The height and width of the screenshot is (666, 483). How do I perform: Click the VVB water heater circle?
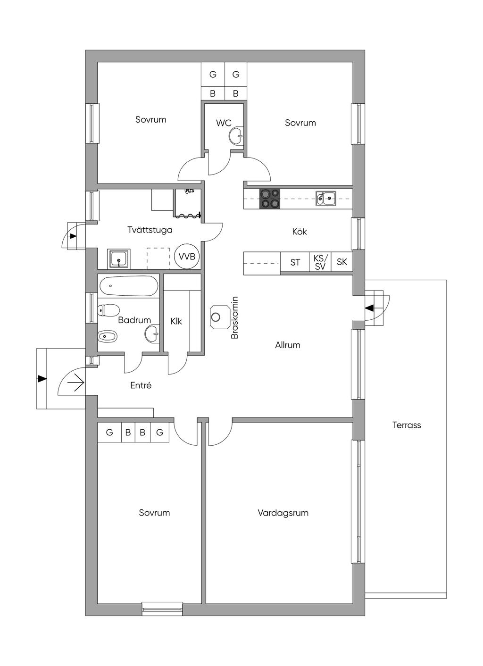[x=187, y=256]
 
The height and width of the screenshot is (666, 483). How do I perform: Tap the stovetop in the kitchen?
[x=270, y=199]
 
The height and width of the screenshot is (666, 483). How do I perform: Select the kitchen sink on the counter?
[x=326, y=198]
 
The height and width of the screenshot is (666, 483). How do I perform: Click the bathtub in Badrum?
[x=128, y=286]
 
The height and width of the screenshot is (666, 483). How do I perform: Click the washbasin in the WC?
[x=237, y=136]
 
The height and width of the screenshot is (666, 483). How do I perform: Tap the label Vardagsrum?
[x=283, y=513]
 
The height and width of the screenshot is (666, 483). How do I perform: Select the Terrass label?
[x=406, y=425]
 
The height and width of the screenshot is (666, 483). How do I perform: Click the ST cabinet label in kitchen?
[x=295, y=262]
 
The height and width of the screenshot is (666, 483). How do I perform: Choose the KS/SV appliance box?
[x=320, y=262]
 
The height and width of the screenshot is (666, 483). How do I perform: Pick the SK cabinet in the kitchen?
[x=341, y=262]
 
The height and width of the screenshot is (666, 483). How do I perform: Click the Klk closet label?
[x=176, y=321]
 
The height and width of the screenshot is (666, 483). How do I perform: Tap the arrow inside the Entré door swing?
[x=76, y=382]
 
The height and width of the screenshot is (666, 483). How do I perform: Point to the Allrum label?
[x=288, y=345]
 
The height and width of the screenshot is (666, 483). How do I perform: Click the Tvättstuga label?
[x=150, y=230]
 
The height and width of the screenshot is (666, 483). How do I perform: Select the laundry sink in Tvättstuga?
[x=119, y=258]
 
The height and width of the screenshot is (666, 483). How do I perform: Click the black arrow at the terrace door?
[x=369, y=308]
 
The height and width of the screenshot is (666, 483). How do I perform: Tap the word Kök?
[x=300, y=231]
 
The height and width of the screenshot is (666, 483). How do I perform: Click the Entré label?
[x=141, y=386]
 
